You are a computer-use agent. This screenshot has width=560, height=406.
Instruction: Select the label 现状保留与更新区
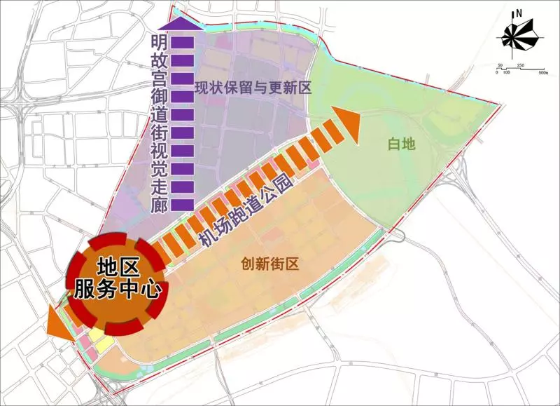point(252,88)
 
